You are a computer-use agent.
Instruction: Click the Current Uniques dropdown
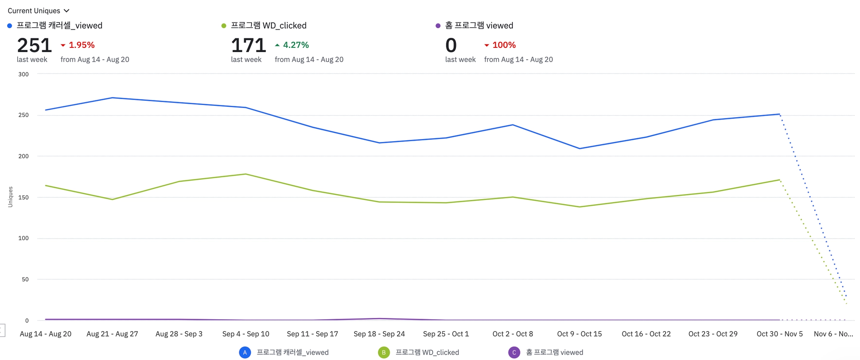pyautogui.click(x=38, y=11)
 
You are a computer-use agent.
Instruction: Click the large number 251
pyautogui.click(x=34, y=45)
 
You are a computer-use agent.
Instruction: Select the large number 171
pyautogui.click(x=249, y=45)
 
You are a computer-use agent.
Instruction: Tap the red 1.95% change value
pyautogui.click(x=81, y=45)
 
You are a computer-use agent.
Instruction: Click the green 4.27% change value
pyautogui.click(x=296, y=45)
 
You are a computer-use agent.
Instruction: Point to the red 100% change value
pyautogui.click(x=504, y=45)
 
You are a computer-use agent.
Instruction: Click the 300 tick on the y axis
pyautogui.click(x=24, y=74)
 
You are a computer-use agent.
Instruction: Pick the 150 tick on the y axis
pyautogui.click(x=24, y=197)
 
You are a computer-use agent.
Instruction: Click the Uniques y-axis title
pyautogui.click(x=10, y=197)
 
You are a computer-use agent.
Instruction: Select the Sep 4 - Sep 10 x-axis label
pyautogui.click(x=246, y=334)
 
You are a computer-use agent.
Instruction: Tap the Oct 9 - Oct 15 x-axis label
pyautogui.click(x=579, y=334)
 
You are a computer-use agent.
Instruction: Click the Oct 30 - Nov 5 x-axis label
pyautogui.click(x=779, y=334)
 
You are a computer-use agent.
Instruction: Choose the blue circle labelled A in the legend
pyautogui.click(x=245, y=352)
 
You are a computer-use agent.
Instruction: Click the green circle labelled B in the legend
pyautogui.click(x=384, y=352)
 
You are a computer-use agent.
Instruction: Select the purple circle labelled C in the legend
pyautogui.click(x=514, y=352)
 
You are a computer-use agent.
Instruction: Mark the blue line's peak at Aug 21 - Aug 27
pyautogui.click(x=112, y=98)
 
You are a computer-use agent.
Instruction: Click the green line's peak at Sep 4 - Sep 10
pyautogui.click(x=246, y=174)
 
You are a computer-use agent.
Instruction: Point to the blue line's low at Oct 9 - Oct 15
pyautogui.click(x=579, y=148)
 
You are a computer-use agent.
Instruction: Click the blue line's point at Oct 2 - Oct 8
pyautogui.click(x=513, y=125)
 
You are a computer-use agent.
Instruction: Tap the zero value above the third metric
pyautogui.click(x=451, y=45)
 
